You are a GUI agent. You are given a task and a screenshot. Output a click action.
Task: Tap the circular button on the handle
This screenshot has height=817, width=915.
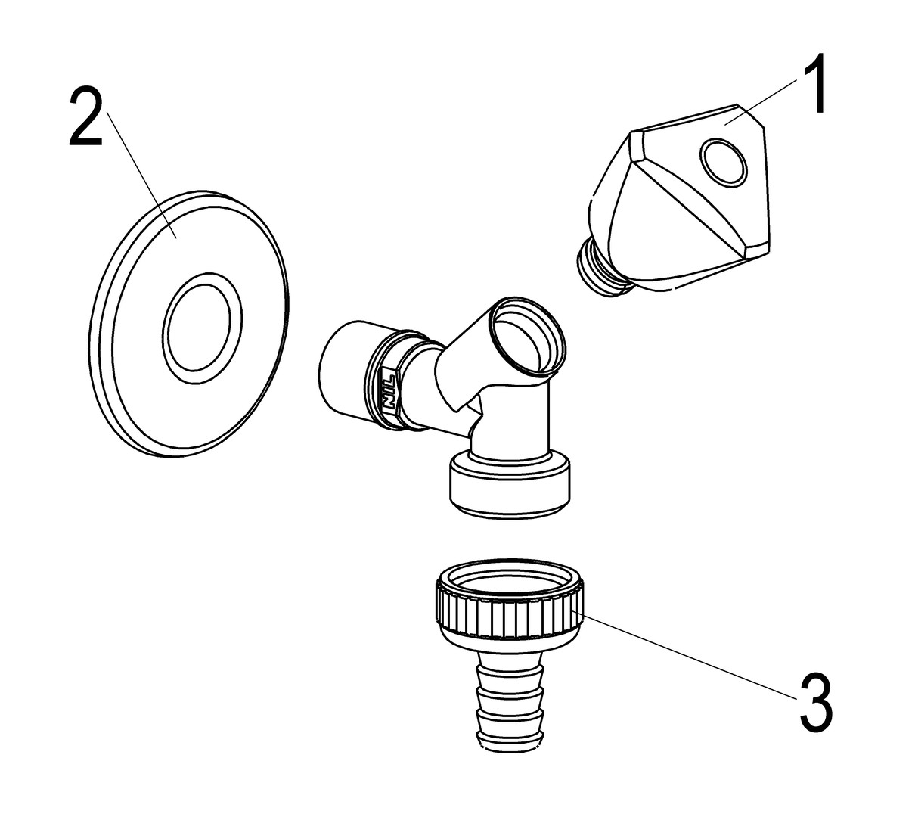(723, 161)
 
